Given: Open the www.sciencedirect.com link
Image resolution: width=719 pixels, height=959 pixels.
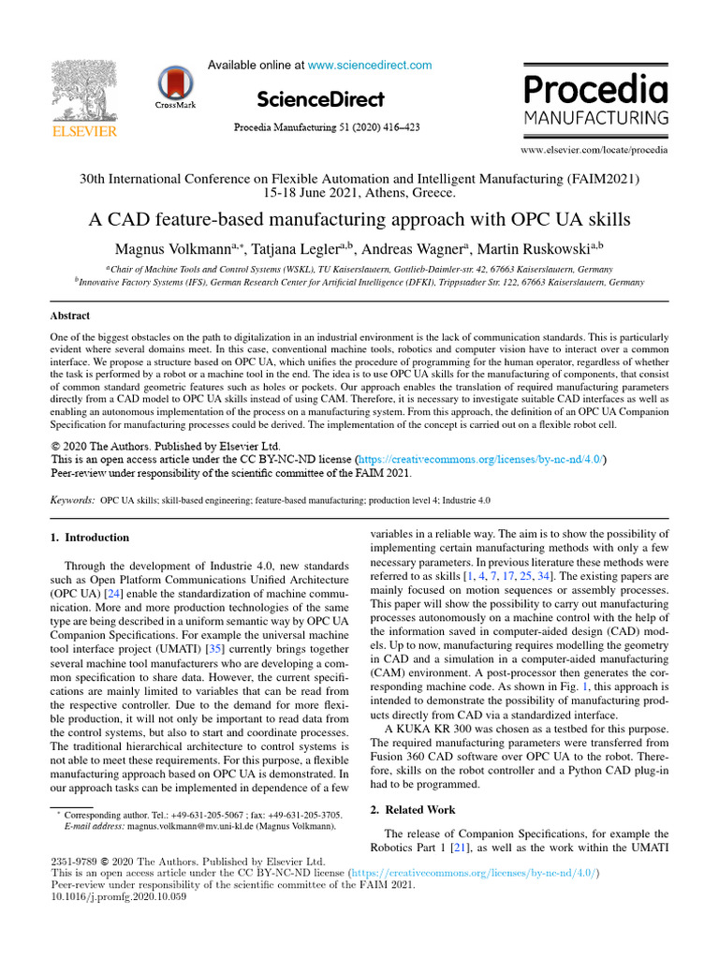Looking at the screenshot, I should coord(370,66).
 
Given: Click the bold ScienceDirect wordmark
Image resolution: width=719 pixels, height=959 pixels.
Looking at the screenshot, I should coord(319,99).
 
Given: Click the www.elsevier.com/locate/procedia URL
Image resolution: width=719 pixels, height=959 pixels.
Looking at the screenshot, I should coord(594,149).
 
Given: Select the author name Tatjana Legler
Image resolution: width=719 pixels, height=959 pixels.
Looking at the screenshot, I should coord(299,249).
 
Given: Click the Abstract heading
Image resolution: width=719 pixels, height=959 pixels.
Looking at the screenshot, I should coord(71,317).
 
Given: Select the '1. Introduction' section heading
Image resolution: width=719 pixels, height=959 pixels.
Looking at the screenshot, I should coord(89,538).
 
